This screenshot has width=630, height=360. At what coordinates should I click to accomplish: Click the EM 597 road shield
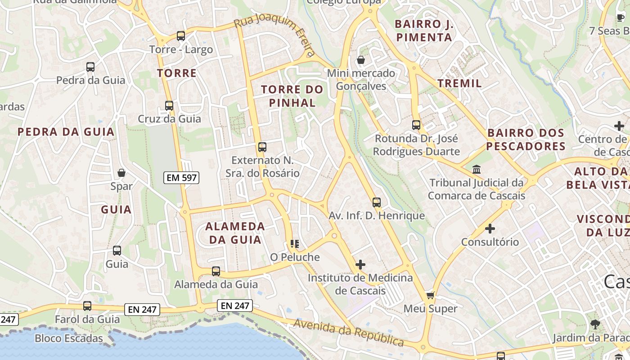[x=181, y=178]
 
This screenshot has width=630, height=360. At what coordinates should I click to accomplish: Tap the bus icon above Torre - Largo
[x=181, y=36]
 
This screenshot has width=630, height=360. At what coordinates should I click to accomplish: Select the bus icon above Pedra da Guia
[x=90, y=67]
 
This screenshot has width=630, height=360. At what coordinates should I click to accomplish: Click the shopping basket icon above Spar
[x=121, y=173]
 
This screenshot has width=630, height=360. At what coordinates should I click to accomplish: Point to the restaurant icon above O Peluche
[x=295, y=244]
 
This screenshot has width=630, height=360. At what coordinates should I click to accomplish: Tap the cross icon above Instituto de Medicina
[x=360, y=265]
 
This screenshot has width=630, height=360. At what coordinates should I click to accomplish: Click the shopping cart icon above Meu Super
[x=430, y=296]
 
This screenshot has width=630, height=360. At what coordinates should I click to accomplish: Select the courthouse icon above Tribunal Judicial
[x=476, y=170]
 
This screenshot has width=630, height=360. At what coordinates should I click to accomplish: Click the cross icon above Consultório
[x=490, y=229]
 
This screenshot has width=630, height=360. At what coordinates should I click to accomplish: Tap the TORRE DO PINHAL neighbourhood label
[x=292, y=96]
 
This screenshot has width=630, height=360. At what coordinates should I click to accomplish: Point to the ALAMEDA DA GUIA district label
[x=235, y=233]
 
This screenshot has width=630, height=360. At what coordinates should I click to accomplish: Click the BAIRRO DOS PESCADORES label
[x=526, y=139]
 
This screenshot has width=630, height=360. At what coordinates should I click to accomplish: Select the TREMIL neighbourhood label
[x=459, y=83]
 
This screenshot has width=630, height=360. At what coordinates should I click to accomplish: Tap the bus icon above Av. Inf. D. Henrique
[x=377, y=202]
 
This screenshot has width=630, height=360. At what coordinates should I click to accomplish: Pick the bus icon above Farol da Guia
[x=87, y=306]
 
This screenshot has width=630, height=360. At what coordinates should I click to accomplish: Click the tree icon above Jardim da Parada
[x=595, y=324]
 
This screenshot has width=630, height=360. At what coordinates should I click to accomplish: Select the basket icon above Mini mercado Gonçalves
[x=361, y=60]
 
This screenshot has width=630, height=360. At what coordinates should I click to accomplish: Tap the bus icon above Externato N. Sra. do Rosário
[x=262, y=147]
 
